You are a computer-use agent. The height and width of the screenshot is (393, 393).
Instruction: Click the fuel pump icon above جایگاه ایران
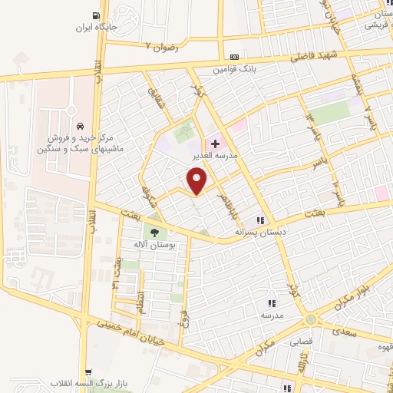click(96, 15)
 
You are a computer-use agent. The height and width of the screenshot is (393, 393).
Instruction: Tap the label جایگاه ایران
click(94, 28)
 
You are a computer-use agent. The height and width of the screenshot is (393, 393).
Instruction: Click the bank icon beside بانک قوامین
click(233, 57)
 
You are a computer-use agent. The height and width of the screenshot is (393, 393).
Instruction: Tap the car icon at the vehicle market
click(80, 125)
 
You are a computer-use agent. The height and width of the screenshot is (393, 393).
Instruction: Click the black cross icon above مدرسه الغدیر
click(215, 143)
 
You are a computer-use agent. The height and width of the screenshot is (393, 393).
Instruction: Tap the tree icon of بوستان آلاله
click(156, 233)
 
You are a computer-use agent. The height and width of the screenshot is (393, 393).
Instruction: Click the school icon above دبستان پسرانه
click(262, 220)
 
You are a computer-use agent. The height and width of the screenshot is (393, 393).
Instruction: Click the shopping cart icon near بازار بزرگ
click(89, 371)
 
